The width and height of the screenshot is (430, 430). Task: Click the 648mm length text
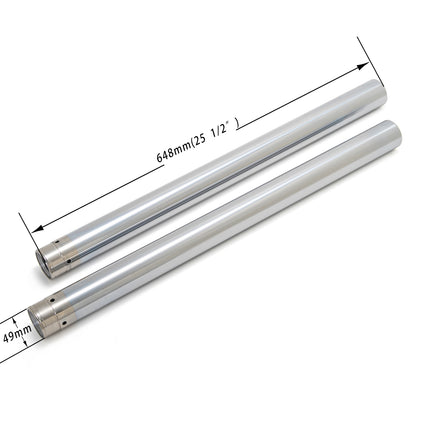click(173, 148)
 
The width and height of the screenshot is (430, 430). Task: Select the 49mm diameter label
click(12, 333)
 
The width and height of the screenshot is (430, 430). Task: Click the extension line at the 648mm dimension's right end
click(367, 60)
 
